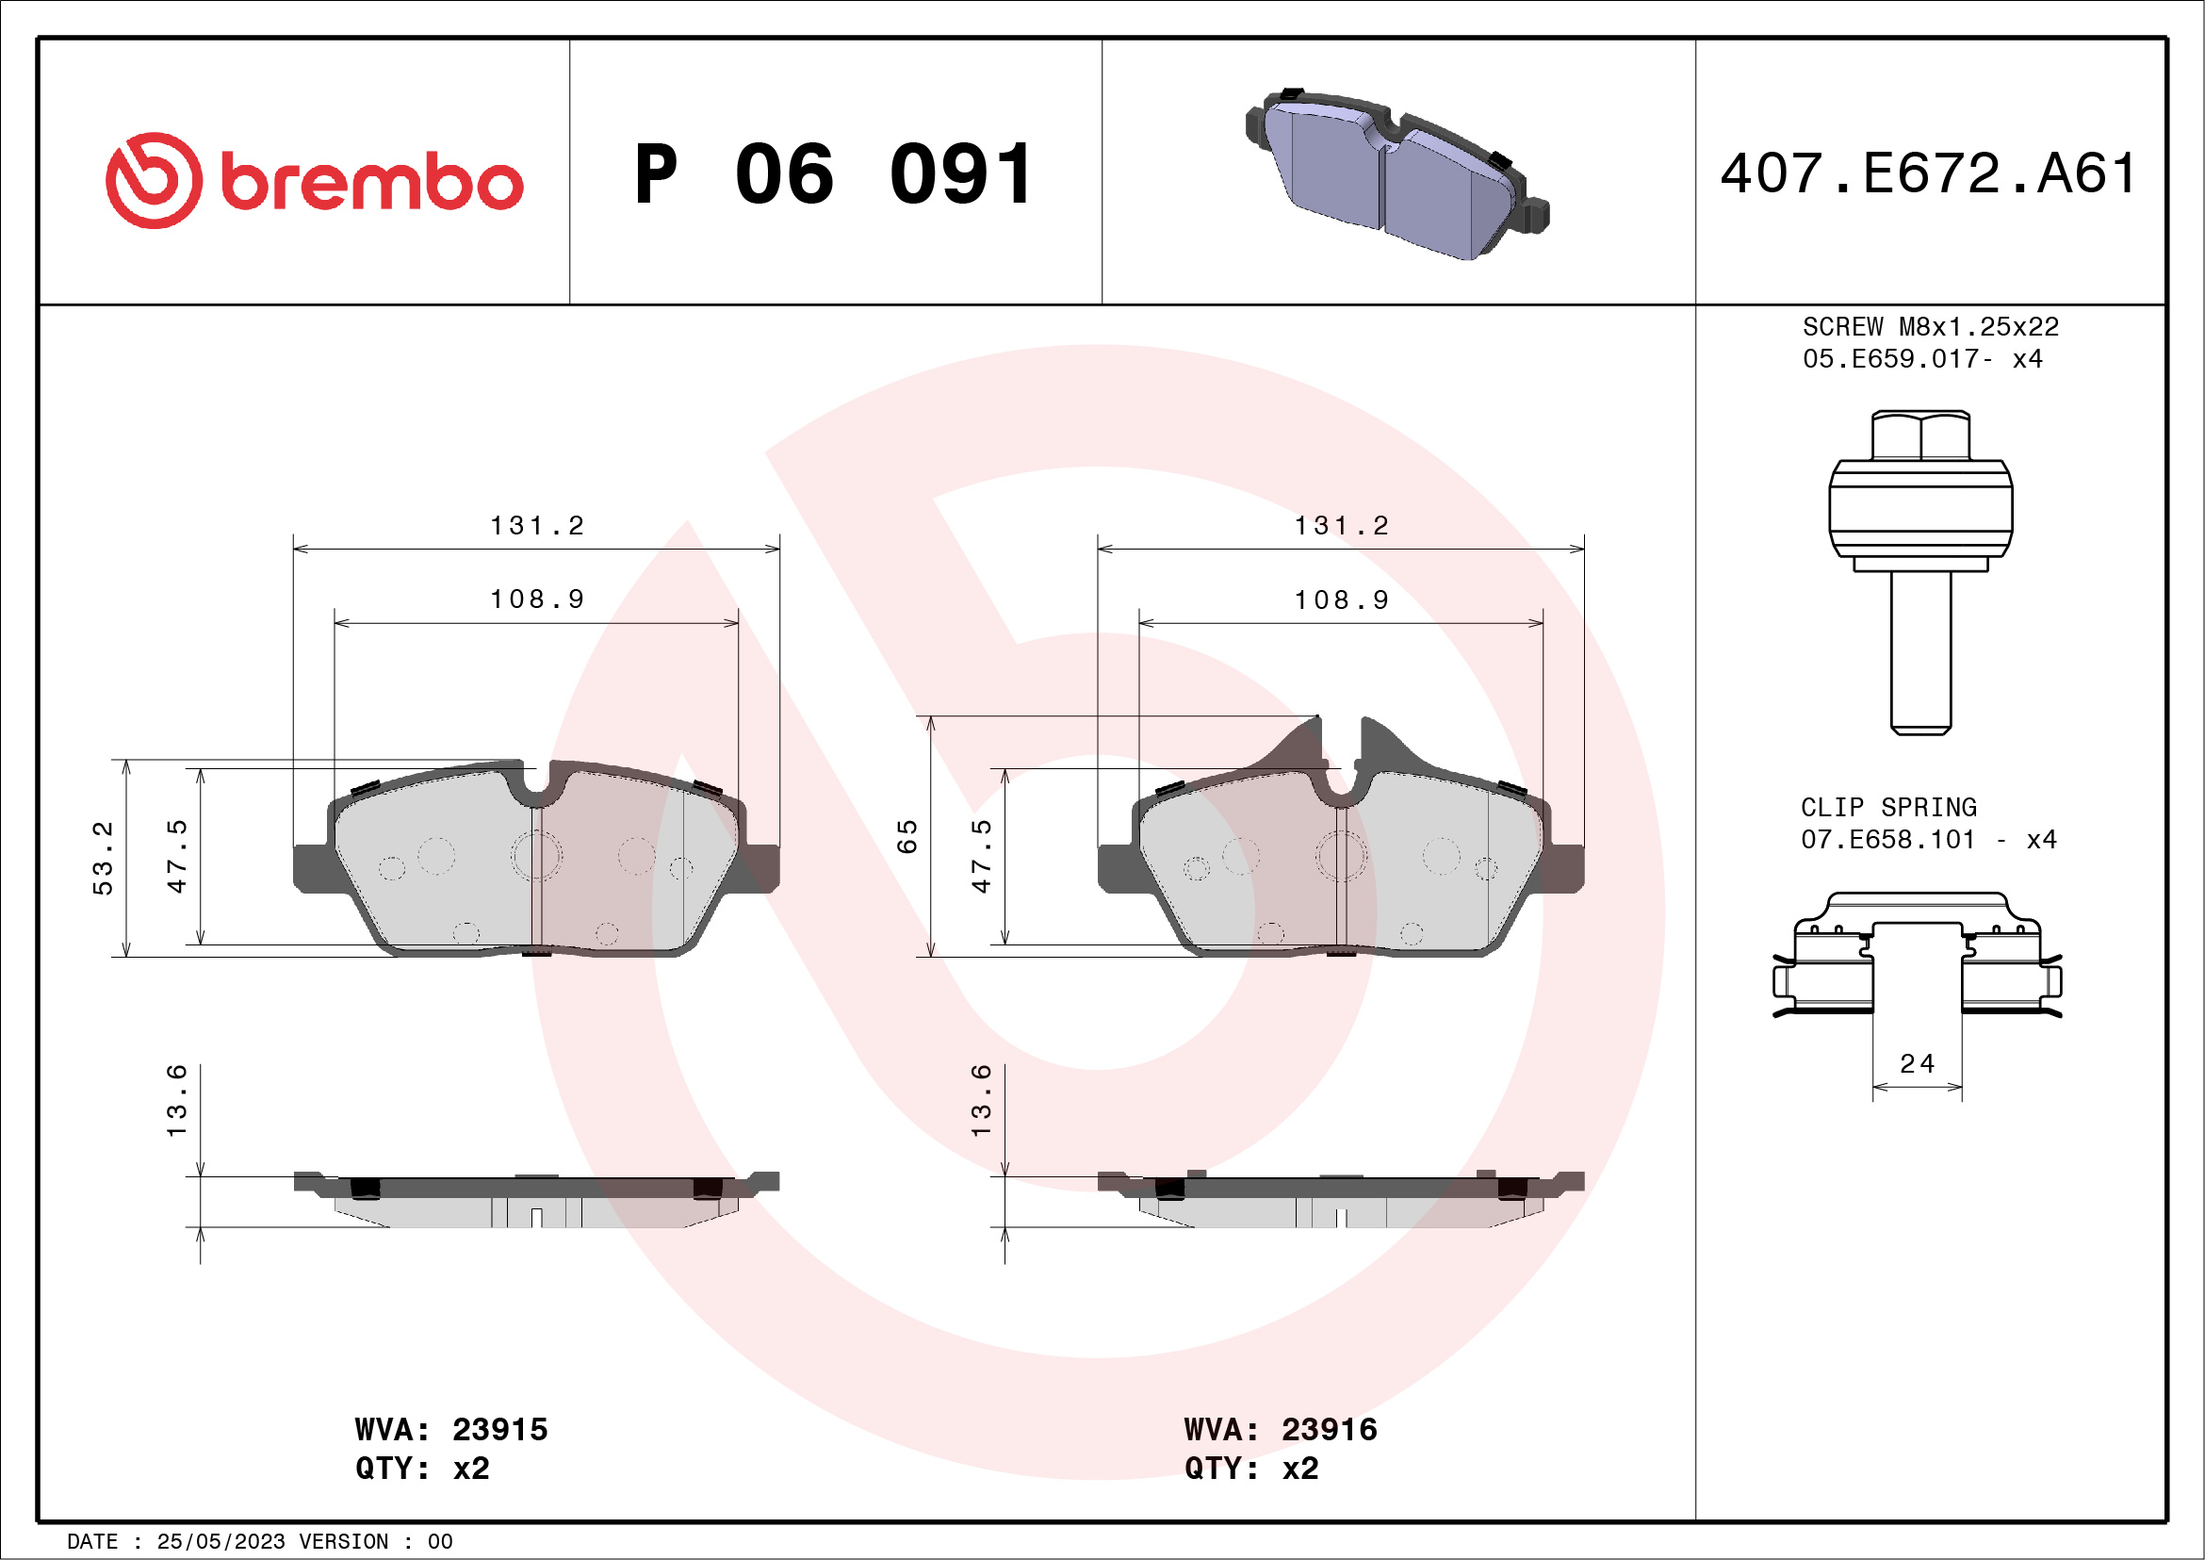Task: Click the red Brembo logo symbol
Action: [x=154, y=181]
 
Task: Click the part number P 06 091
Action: [x=834, y=174]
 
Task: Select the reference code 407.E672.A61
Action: [x=1928, y=173]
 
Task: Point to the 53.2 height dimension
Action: [x=103, y=858]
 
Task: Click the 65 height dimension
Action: [x=906, y=837]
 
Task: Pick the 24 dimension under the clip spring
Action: [x=1917, y=1063]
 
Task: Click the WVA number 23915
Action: [x=499, y=1429]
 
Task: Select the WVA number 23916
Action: [x=1330, y=1429]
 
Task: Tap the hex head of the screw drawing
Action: [x=1920, y=436]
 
